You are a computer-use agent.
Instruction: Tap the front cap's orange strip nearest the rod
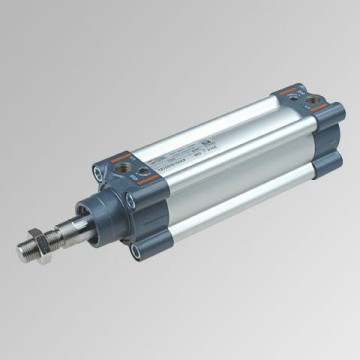[x=108, y=170]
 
